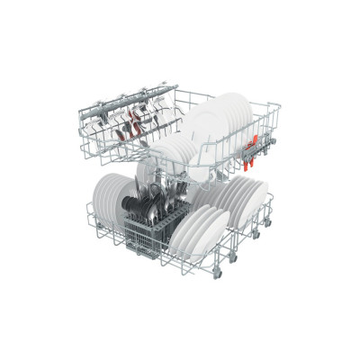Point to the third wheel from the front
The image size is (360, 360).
[x=257, y=235]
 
